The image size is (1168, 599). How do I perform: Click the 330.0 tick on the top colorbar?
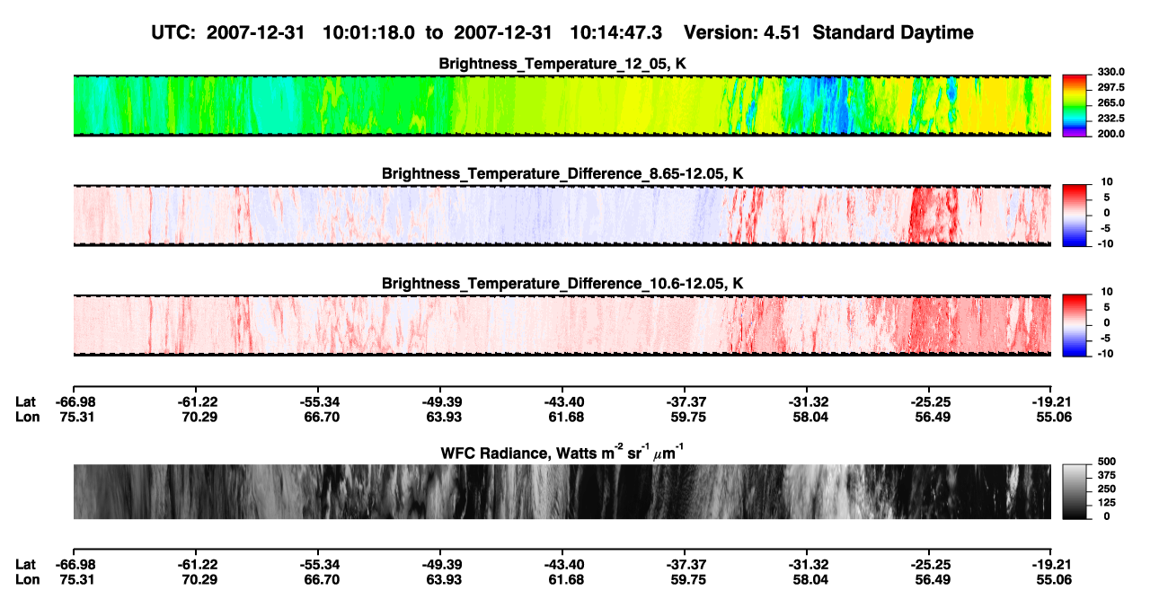1110,72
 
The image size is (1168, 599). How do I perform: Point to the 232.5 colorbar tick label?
1110,119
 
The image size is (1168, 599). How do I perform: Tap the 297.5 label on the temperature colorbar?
1110,87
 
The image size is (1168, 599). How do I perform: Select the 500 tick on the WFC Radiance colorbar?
1107,462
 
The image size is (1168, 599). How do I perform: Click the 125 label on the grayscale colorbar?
1107,503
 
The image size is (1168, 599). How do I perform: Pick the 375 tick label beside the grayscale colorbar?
1107,475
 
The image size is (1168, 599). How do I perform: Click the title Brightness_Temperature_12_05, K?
562,64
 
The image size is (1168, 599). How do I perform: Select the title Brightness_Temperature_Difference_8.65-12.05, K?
562,173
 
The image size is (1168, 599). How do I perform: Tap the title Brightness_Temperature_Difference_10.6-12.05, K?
562,284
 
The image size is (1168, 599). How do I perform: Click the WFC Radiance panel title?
562,452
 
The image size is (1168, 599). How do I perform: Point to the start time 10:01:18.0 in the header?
368,32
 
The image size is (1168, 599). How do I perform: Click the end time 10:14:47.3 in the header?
615,32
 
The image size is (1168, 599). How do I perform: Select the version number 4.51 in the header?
782,32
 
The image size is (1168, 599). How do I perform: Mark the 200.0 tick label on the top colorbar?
1110,134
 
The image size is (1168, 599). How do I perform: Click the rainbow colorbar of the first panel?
1075,106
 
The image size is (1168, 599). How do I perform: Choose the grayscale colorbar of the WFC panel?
1075,491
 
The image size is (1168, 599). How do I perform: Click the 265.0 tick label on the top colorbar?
1110,102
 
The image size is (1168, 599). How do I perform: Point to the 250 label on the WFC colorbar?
1107,489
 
